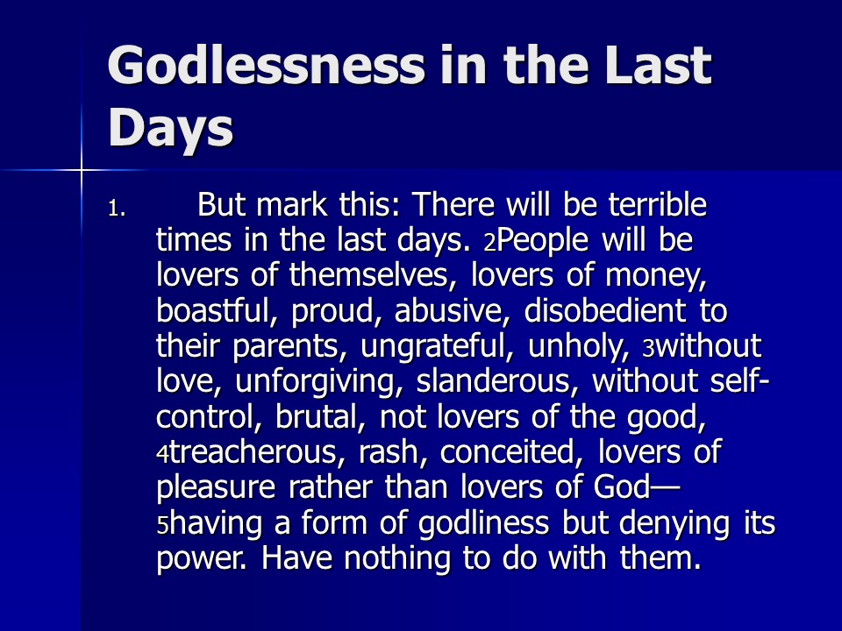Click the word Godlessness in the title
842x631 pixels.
(x=267, y=66)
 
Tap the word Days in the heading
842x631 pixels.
(x=171, y=129)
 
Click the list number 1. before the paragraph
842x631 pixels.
(x=117, y=209)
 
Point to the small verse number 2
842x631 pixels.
(x=489, y=243)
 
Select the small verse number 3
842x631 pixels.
(x=649, y=349)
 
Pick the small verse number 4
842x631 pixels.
(x=163, y=455)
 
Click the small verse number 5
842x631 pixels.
(x=163, y=525)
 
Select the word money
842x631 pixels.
(x=656, y=277)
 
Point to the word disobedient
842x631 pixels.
(x=604, y=310)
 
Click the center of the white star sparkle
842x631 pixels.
(x=82, y=171)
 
